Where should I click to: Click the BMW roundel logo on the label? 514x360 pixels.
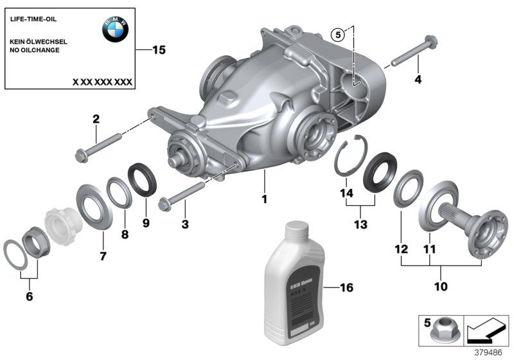pos(116,29)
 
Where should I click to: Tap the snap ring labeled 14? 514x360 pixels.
pos(350,158)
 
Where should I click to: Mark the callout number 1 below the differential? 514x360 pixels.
pos(263,199)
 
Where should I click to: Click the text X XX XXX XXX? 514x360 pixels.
pos(102,82)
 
